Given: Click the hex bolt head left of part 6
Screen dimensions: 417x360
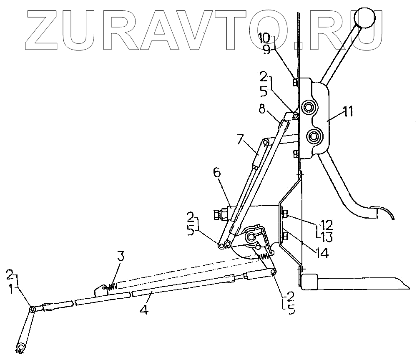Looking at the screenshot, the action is click(217, 214).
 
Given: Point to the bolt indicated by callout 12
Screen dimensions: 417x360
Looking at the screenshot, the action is click(285, 214).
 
